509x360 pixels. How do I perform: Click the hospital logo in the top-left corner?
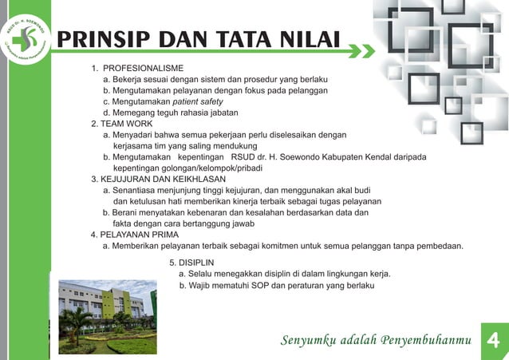(26, 34)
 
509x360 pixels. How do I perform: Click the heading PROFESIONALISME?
(144, 68)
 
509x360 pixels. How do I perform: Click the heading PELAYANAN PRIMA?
(139, 235)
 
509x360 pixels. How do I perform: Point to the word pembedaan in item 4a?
(436, 246)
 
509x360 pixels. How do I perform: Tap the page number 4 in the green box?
(492, 341)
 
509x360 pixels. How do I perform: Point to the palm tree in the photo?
(78, 320)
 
